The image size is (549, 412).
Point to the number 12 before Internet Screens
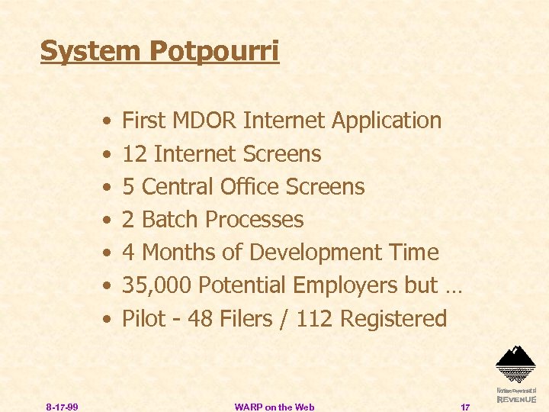(134, 154)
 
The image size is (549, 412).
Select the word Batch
(171, 220)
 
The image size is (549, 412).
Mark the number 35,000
(156, 285)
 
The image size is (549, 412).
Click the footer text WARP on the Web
(274, 407)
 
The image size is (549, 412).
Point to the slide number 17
(465, 407)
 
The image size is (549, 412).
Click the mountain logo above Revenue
(515, 363)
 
